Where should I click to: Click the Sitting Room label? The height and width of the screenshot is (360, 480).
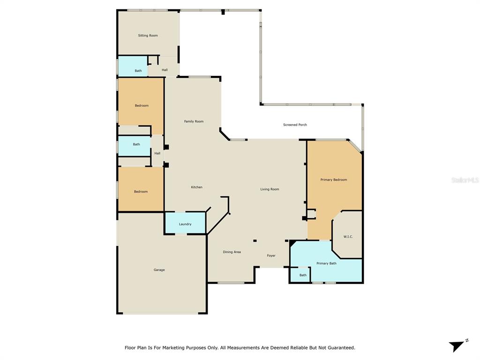click(x=148, y=36)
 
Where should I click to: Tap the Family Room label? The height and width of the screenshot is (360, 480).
click(x=194, y=121)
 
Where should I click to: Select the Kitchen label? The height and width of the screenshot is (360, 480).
click(x=196, y=187)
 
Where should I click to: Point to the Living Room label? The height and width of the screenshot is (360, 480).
click(x=270, y=189)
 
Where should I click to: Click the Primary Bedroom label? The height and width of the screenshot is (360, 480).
click(x=334, y=180)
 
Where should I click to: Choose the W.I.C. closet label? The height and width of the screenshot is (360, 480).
click(x=348, y=237)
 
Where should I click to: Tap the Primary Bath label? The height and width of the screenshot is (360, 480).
click(x=326, y=263)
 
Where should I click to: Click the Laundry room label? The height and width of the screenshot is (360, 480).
click(x=185, y=224)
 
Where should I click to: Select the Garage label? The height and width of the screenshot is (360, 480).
click(x=159, y=270)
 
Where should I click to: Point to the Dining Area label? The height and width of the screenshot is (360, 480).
click(x=232, y=252)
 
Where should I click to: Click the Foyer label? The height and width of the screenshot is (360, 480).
click(x=271, y=255)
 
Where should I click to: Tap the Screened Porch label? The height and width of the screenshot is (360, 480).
click(x=295, y=125)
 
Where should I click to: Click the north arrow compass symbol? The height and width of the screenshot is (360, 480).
click(x=458, y=345)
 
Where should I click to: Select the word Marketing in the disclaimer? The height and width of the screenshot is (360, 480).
click(x=173, y=348)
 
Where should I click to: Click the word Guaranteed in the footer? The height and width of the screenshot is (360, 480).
click(x=342, y=348)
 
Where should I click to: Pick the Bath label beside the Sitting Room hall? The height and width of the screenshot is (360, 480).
click(x=138, y=71)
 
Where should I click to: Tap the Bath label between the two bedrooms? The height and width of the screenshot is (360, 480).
click(x=136, y=144)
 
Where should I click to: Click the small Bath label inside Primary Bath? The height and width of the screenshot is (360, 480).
click(x=303, y=275)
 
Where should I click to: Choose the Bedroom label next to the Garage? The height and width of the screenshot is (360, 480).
click(x=141, y=192)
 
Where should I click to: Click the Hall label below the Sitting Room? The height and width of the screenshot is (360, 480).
click(x=165, y=70)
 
